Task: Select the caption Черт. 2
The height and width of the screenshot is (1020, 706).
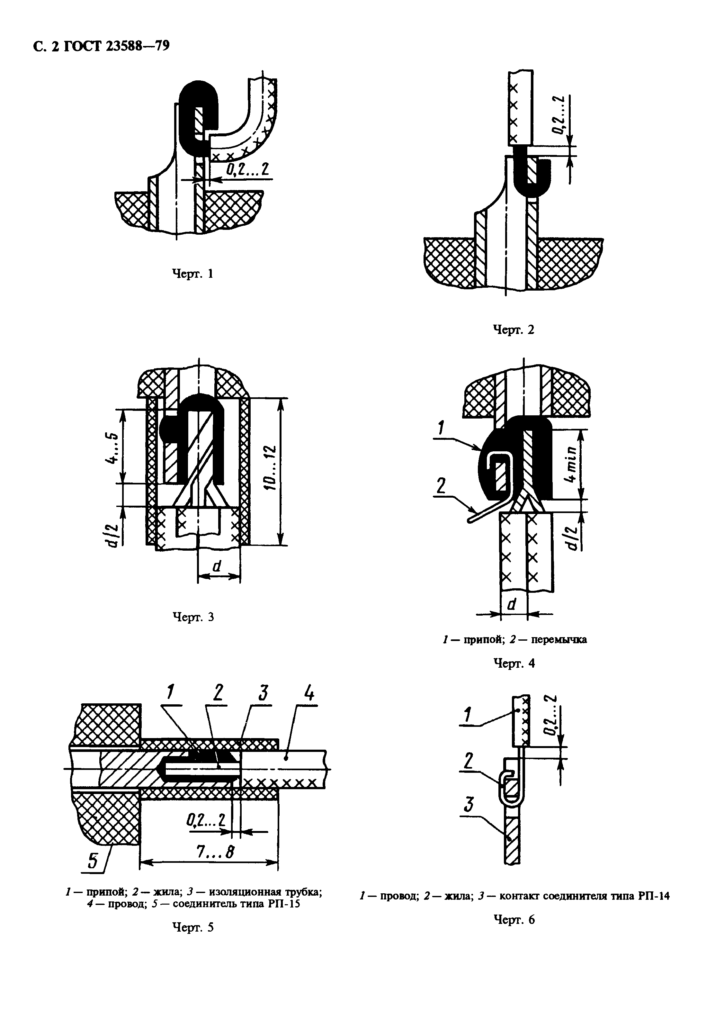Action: pyautogui.click(x=513, y=330)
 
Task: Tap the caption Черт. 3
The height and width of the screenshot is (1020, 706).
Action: pyautogui.click(x=192, y=617)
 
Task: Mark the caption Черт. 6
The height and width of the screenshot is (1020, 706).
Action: pyautogui.click(x=514, y=920)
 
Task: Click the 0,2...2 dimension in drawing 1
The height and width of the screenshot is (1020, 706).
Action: pyautogui.click(x=247, y=169)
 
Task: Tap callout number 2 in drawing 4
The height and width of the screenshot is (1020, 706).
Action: pyautogui.click(x=441, y=486)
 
